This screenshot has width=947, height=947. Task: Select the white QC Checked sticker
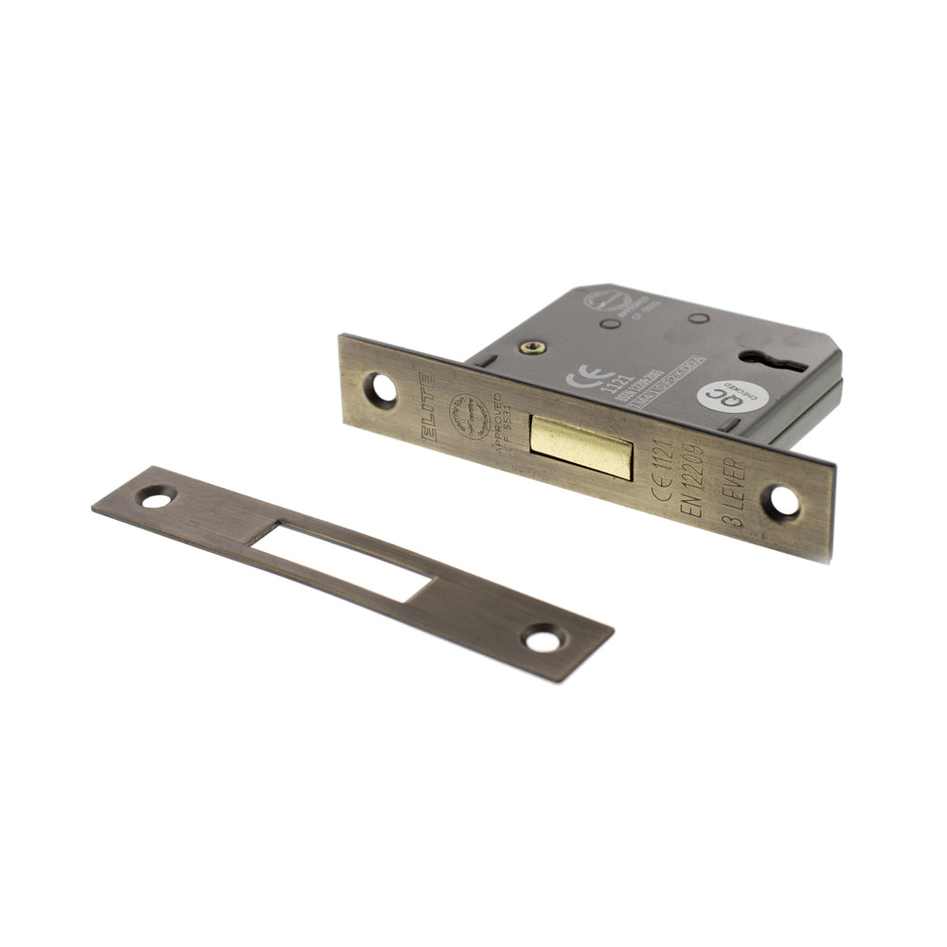click(726, 398)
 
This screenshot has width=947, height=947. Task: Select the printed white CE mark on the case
click(581, 378)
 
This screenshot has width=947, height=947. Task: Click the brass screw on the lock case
click(527, 349)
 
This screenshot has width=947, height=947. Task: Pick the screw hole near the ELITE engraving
click(383, 389)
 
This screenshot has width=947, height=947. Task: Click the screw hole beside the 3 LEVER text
click(784, 502)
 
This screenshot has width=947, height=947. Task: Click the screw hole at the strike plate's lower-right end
click(542, 640)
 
